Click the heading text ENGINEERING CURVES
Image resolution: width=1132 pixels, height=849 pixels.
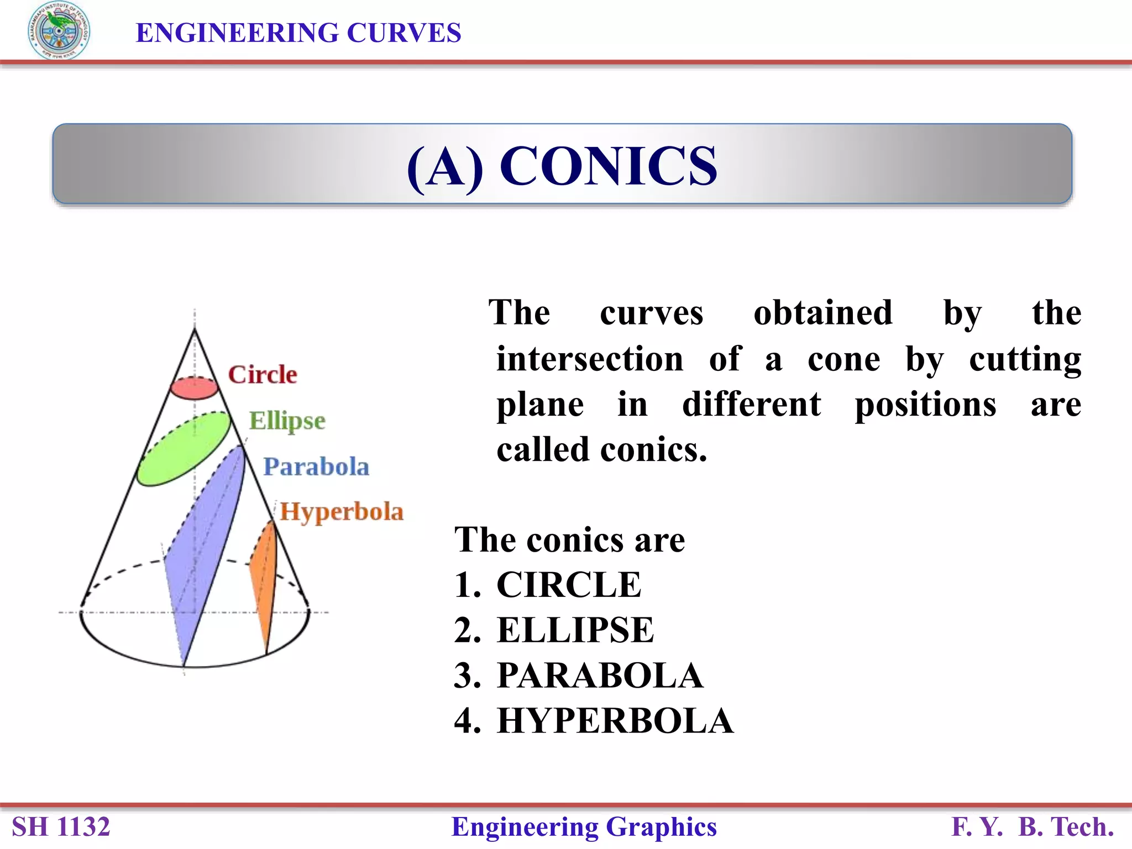coord(298,33)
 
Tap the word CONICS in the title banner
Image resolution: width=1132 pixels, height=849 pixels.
coord(608,166)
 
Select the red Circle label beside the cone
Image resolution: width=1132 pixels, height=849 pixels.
coord(263,375)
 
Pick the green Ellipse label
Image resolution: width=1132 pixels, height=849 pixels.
coord(287,421)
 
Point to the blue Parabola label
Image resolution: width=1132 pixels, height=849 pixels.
coord(316,467)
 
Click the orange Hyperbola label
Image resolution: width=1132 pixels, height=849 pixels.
coord(342,511)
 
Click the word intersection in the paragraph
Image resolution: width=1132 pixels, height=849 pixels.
coord(590,359)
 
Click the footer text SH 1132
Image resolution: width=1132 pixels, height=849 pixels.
coord(61,827)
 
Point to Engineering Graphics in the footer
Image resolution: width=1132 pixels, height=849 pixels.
coord(584,827)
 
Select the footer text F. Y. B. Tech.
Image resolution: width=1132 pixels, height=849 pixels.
coord(1032,827)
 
